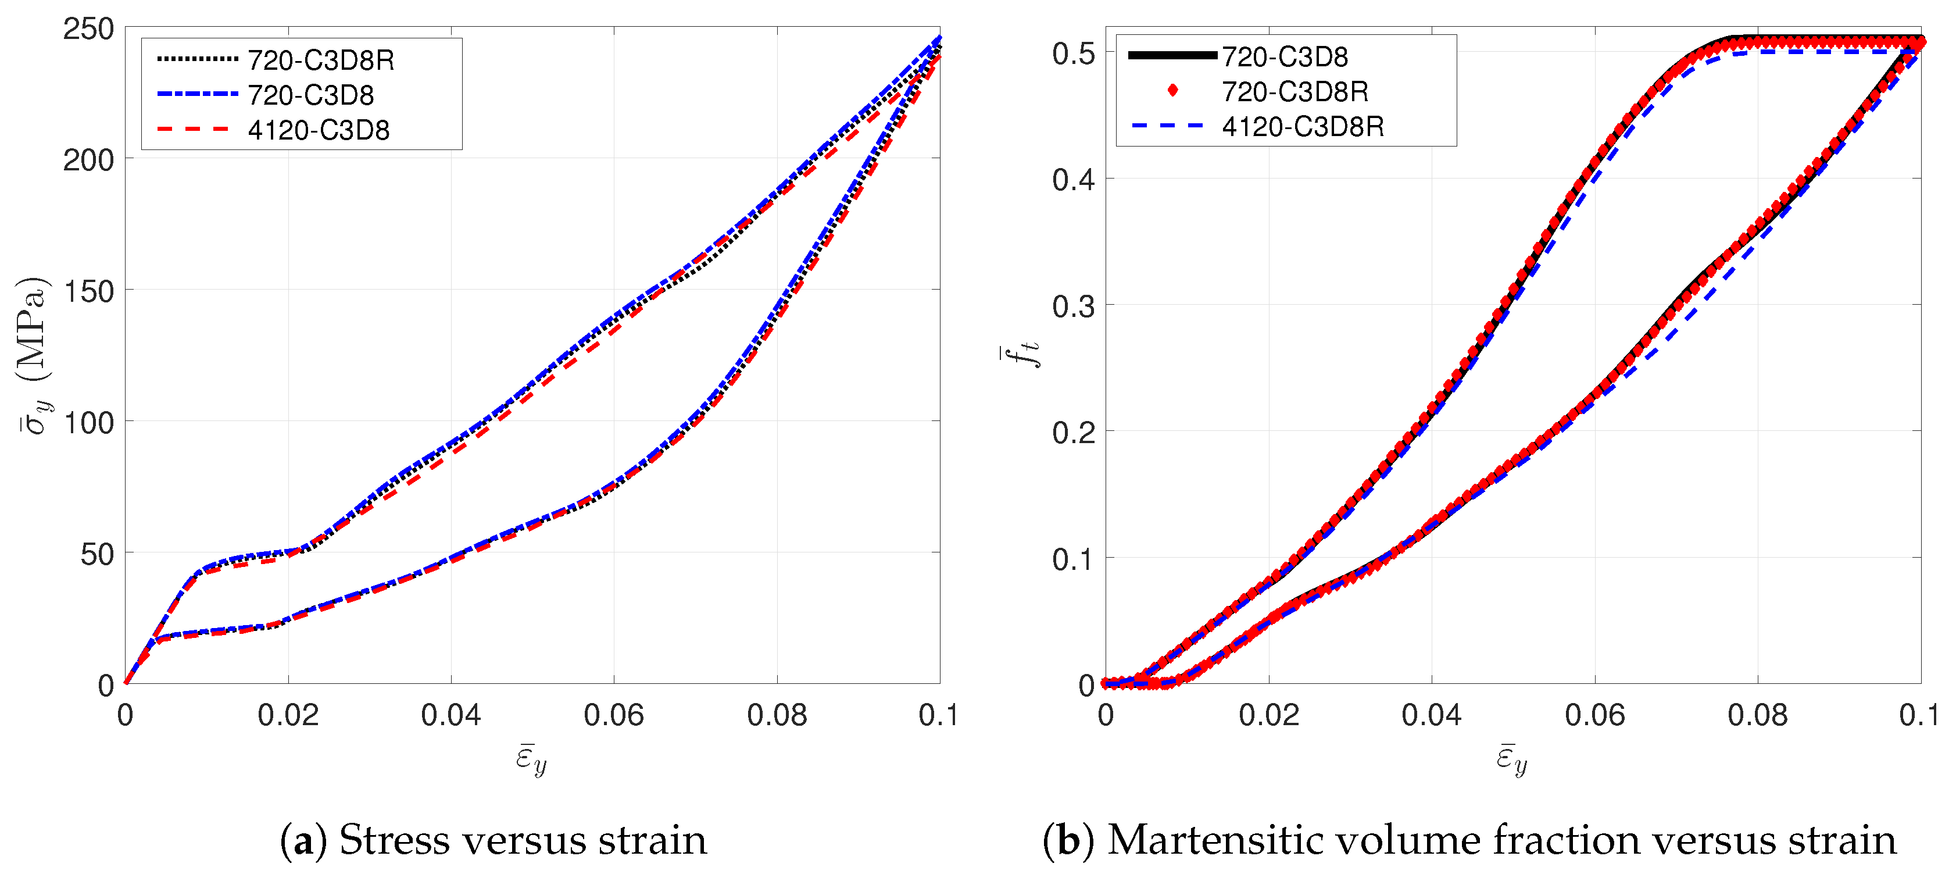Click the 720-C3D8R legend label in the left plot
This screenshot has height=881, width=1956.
(320, 60)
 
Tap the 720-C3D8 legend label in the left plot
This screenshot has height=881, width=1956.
(310, 95)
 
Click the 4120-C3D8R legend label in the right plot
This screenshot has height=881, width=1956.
(1302, 126)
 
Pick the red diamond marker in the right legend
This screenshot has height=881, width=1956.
(1172, 91)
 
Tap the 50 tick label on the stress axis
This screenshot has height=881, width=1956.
(96, 554)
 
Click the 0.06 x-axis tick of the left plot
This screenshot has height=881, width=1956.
(613, 715)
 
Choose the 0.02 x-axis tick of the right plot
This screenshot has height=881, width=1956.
(1268, 715)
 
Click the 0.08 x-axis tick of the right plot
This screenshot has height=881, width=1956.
(1757, 715)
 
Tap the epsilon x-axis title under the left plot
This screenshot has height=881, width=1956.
(531, 759)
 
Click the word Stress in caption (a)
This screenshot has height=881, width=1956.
(395, 840)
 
